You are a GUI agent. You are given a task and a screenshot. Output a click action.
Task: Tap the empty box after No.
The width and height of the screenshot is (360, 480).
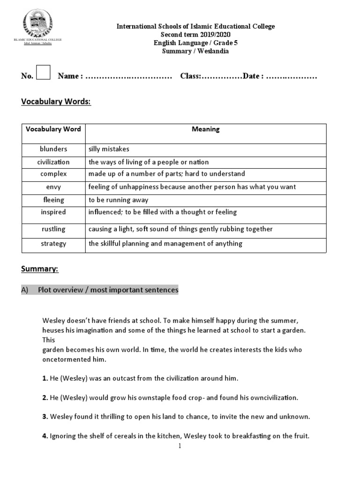[43, 74]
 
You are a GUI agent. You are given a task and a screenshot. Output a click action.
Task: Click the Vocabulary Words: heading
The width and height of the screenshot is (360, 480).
[56, 102]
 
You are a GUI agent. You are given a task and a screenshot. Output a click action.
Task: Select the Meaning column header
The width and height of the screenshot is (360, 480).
[205, 129]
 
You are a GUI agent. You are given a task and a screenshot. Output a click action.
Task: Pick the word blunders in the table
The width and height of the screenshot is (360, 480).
[53, 149]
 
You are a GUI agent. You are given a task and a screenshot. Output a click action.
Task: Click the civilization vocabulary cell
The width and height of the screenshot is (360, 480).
[53, 162]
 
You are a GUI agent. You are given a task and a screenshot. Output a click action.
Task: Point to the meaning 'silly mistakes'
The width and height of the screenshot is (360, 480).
[109, 149]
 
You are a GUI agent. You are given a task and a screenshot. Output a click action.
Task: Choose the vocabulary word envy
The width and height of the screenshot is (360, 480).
[53, 187]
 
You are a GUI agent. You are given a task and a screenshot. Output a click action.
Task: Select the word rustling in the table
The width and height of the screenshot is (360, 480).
[53, 229]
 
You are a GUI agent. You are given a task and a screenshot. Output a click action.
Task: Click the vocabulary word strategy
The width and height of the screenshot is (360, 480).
[53, 243]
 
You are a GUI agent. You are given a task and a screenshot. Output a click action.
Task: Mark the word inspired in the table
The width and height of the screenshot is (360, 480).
[53, 212]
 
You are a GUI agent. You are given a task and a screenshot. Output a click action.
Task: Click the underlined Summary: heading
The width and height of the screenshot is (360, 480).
[39, 269]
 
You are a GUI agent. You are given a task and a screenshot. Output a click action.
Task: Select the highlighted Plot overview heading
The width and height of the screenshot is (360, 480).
[108, 290]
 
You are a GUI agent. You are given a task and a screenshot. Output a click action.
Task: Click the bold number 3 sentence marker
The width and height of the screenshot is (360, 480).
[45, 417]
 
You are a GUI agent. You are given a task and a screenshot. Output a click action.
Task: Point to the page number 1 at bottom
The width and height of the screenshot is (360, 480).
[180, 446]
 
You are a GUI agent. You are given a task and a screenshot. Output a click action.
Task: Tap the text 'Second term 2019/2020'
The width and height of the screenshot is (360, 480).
[195, 35]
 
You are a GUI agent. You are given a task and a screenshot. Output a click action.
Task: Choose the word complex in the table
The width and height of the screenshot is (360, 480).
[53, 174]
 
